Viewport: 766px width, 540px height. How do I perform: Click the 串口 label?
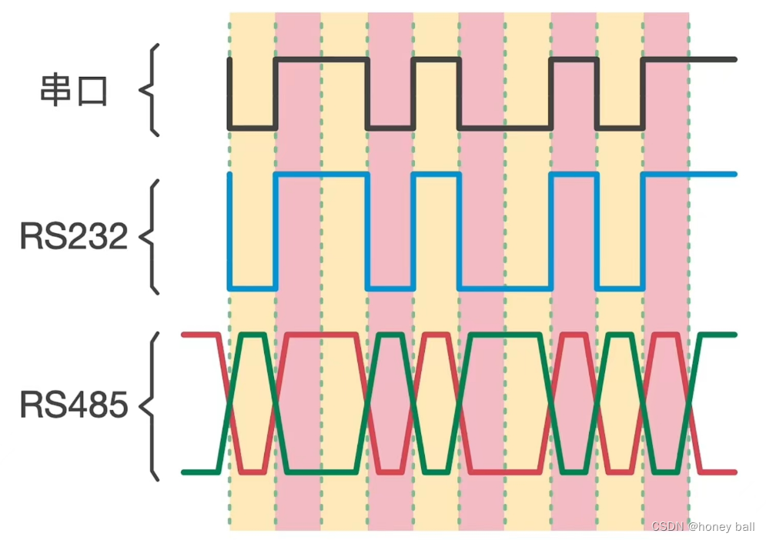click(x=74, y=91)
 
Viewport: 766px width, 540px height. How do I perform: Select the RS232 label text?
click(x=74, y=236)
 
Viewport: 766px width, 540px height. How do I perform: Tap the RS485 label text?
click(x=74, y=405)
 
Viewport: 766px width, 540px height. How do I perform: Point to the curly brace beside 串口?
click(x=150, y=90)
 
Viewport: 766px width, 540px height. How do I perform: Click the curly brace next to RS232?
click(x=151, y=236)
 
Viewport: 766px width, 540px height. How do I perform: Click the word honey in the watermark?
click(x=704, y=526)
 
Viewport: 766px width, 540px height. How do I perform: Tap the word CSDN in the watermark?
click(x=667, y=526)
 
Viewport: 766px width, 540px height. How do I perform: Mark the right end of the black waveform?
click(x=734, y=59)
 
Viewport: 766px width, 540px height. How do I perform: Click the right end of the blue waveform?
click(x=734, y=174)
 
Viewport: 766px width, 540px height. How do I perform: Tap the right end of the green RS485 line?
click(x=734, y=335)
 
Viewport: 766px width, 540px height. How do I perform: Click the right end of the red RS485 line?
click(x=734, y=471)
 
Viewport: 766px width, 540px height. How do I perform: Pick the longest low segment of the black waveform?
click(x=505, y=128)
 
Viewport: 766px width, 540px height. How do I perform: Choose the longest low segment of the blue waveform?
click(x=505, y=288)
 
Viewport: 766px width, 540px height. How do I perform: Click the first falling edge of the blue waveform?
click(x=229, y=231)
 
